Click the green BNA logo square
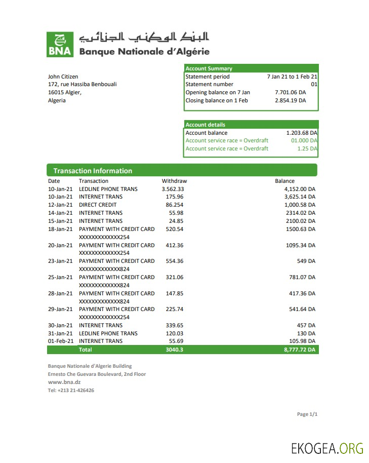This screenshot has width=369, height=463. (60, 44)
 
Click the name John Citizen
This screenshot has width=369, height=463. (63, 76)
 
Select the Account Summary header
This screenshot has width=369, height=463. (209, 68)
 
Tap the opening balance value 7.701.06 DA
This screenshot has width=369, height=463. (290, 93)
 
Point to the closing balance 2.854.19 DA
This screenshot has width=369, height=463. (290, 101)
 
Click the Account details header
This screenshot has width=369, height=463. (206, 125)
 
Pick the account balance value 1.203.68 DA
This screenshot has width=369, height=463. (302, 133)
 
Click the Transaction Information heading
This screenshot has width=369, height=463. (93, 171)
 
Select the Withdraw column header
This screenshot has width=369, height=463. (174, 181)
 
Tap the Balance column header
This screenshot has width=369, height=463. (284, 181)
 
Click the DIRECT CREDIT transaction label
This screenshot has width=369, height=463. (98, 205)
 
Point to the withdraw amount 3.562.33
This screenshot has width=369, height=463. (169, 189)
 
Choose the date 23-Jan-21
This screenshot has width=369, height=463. (60, 261)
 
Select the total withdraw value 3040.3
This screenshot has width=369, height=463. (174, 350)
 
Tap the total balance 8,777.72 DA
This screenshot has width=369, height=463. (300, 350)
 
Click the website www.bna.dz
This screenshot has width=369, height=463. (64, 382)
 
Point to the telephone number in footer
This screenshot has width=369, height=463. (71, 390)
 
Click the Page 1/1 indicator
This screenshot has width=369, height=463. (307, 414)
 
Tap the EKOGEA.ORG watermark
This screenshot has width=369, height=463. (327, 448)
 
